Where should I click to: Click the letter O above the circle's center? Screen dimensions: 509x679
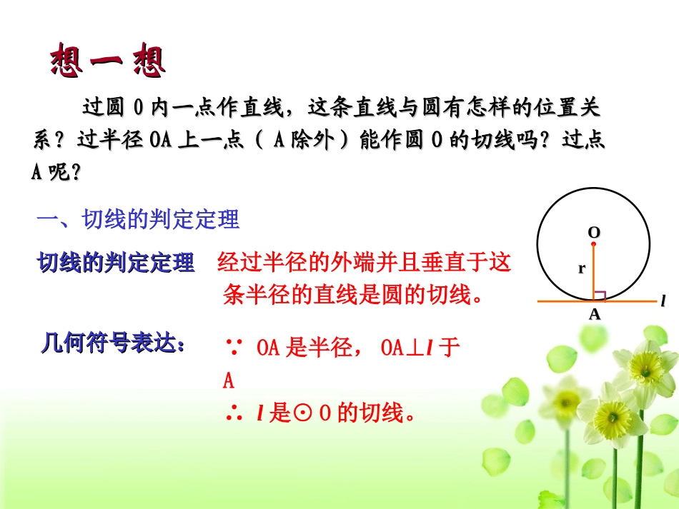[593, 233]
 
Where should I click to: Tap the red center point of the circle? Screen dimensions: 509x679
[593, 244]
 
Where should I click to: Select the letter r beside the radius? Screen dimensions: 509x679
[582, 269]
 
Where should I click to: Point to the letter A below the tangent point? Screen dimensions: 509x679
[594, 313]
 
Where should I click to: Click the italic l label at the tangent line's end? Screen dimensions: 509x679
[663, 301]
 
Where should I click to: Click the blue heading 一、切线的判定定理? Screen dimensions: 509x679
[137, 220]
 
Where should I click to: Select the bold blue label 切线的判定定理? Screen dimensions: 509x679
[116, 263]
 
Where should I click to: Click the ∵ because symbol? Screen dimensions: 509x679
[232, 349]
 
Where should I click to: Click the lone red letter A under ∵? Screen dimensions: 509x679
[229, 381]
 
